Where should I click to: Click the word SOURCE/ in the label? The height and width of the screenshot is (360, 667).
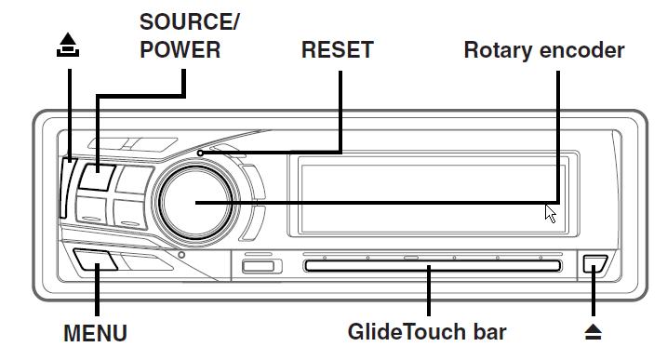[x=189, y=22]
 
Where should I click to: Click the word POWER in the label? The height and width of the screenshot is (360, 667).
[x=180, y=50]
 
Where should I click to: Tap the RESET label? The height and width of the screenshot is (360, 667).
[x=337, y=50]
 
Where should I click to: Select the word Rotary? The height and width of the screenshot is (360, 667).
[x=497, y=51]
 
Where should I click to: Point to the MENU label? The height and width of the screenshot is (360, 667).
[x=95, y=333]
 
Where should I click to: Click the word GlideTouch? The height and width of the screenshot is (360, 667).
[x=403, y=332]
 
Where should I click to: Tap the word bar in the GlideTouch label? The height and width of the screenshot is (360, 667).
[x=487, y=332]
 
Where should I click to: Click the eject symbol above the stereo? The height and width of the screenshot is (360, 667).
[x=68, y=45]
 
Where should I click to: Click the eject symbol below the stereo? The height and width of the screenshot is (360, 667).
[x=593, y=332]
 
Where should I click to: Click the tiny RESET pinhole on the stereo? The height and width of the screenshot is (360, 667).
[x=200, y=153]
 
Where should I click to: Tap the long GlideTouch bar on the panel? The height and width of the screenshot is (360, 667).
[x=433, y=266]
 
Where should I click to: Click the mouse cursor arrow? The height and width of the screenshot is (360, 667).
[x=551, y=214]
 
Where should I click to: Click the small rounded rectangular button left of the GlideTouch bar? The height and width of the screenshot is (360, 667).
[x=259, y=267]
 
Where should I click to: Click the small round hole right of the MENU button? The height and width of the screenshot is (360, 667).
[x=181, y=255]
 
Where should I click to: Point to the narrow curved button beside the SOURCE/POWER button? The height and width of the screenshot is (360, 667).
[x=66, y=188]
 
